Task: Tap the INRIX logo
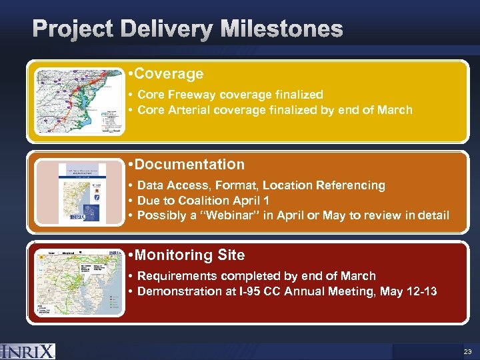pos(28,351)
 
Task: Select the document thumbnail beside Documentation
pos(82,193)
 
